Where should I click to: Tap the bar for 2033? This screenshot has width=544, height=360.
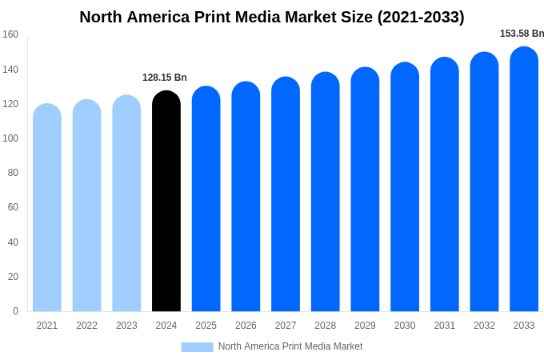pos(524,180)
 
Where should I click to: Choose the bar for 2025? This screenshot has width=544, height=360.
pos(206,200)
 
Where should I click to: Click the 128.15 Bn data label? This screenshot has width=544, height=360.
pos(165,78)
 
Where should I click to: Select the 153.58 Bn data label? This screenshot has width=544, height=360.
pos(522,34)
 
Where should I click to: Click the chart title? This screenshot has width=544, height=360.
pos(272,17)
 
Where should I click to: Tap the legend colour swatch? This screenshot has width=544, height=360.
pos(197,347)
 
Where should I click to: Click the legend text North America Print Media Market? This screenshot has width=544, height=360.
pos(290,346)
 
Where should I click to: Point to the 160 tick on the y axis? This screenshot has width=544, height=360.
pos(10,34)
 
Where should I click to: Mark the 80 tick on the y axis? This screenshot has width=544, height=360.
pos(13,173)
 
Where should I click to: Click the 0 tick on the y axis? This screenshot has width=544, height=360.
pos(15,311)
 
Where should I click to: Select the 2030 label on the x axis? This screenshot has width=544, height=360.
pos(405,326)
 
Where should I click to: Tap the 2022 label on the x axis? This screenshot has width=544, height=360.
pos(86,326)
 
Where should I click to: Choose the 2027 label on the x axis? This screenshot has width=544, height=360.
pos(286,326)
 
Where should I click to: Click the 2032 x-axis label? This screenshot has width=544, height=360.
pos(484,326)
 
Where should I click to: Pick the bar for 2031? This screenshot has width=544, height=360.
pos(444,186)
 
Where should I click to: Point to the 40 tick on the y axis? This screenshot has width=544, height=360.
pos(13,242)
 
